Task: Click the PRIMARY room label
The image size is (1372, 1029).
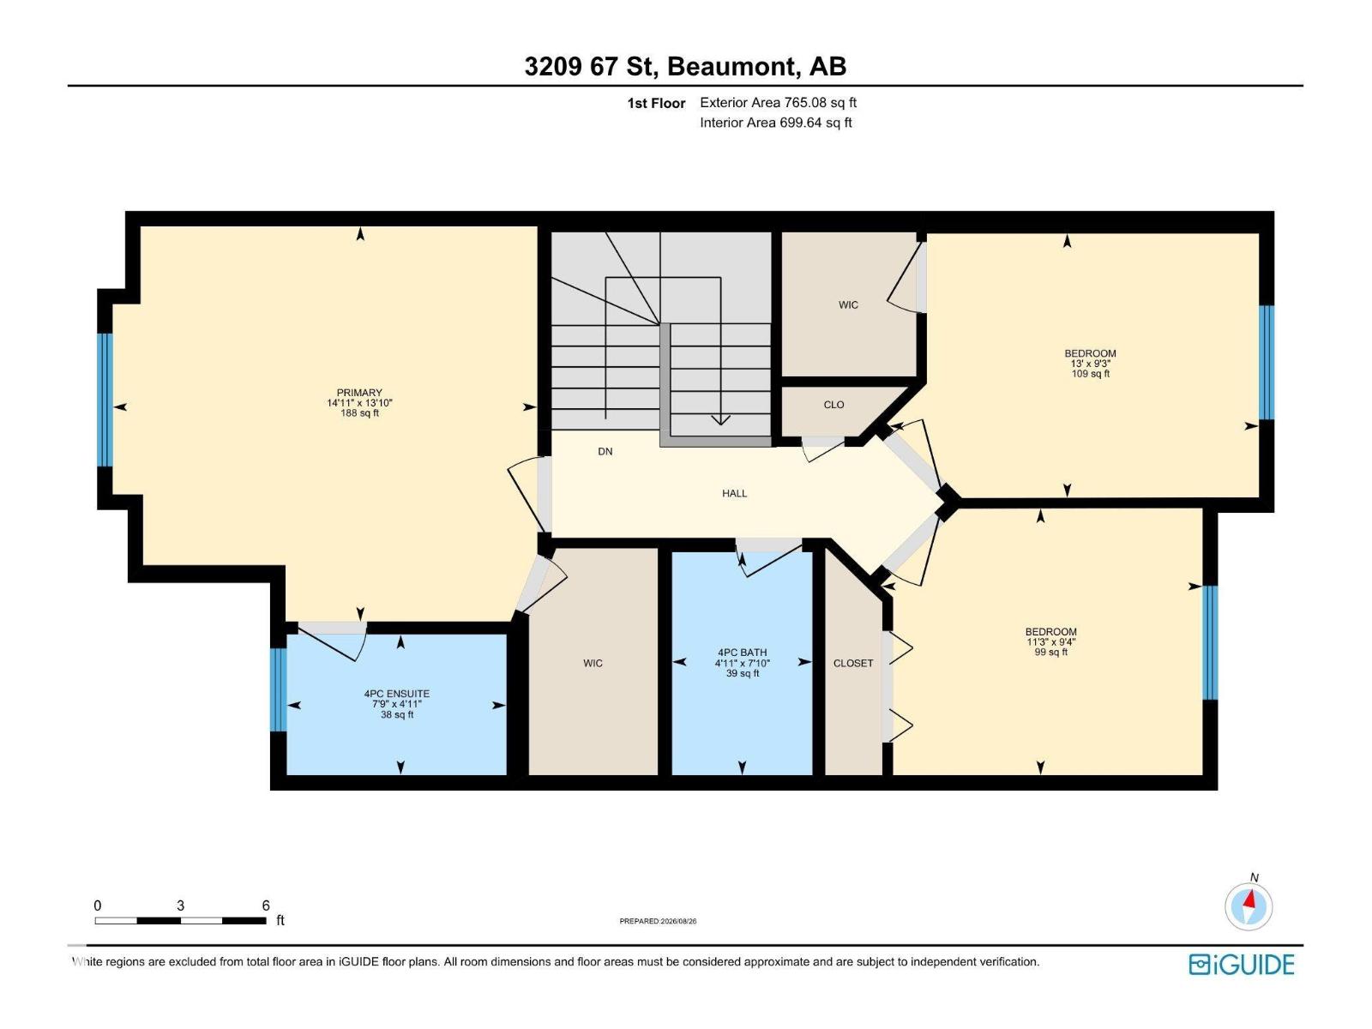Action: click(x=358, y=393)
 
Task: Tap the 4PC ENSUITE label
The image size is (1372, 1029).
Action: click(x=397, y=694)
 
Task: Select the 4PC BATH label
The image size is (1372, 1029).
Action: click(x=742, y=653)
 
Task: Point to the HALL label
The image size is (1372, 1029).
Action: click(x=734, y=494)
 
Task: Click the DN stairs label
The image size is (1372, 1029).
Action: click(x=605, y=452)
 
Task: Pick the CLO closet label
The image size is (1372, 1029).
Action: click(x=833, y=405)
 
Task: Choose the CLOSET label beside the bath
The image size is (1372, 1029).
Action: click(x=853, y=664)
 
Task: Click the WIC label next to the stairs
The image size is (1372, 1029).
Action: click(x=848, y=305)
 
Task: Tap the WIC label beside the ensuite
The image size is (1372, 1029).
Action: click(x=593, y=664)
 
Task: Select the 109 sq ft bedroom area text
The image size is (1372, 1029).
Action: click(x=1090, y=374)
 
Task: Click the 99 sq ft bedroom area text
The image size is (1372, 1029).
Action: click(x=1050, y=653)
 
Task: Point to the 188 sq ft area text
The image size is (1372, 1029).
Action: click(x=359, y=413)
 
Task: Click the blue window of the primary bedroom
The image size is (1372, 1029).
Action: click(x=105, y=400)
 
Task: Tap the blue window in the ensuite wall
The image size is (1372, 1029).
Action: click(x=278, y=689)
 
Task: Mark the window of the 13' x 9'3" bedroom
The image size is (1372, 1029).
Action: click(x=1266, y=363)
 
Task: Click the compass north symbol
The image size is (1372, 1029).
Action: click(x=1249, y=906)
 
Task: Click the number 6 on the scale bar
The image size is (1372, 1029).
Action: click(x=266, y=906)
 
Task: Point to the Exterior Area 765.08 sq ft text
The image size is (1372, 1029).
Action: click(x=779, y=102)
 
